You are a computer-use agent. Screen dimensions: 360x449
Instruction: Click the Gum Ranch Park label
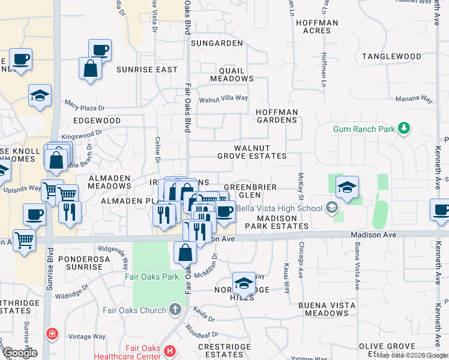(x=363, y=129)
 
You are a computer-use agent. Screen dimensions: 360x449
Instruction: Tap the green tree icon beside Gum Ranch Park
(x=405, y=128)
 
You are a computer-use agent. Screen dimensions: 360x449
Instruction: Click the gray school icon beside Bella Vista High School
(x=331, y=208)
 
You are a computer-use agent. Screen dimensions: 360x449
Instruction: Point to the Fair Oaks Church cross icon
(x=175, y=310)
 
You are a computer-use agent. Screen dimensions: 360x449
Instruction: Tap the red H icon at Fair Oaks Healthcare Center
(x=170, y=351)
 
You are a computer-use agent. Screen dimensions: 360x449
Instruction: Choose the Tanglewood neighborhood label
(x=392, y=56)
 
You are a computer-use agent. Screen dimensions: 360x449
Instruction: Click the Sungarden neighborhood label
(x=217, y=44)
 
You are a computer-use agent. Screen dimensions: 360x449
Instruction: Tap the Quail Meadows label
(x=231, y=74)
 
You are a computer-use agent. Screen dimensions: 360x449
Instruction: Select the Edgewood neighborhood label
(x=97, y=121)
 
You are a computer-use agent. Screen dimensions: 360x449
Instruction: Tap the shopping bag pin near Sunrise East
(x=90, y=68)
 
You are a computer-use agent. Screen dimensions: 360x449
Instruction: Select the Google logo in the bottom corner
(x=19, y=353)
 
